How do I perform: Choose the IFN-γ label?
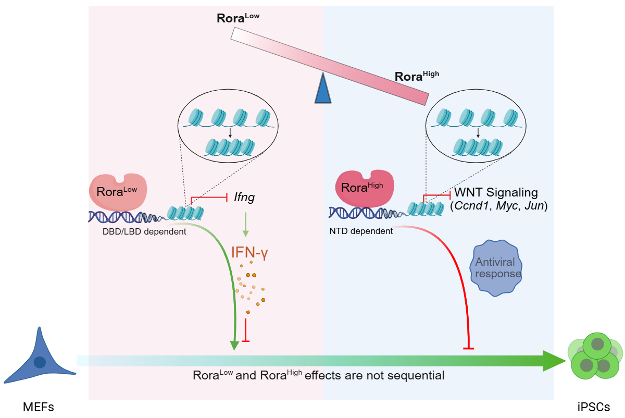click(x=249, y=252)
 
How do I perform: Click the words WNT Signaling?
click(x=496, y=193)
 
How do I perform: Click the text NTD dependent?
click(x=361, y=231)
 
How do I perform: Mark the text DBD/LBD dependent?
click(x=144, y=231)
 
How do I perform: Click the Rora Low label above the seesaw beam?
click(x=238, y=18)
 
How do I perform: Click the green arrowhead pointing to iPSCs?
click(x=554, y=361)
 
